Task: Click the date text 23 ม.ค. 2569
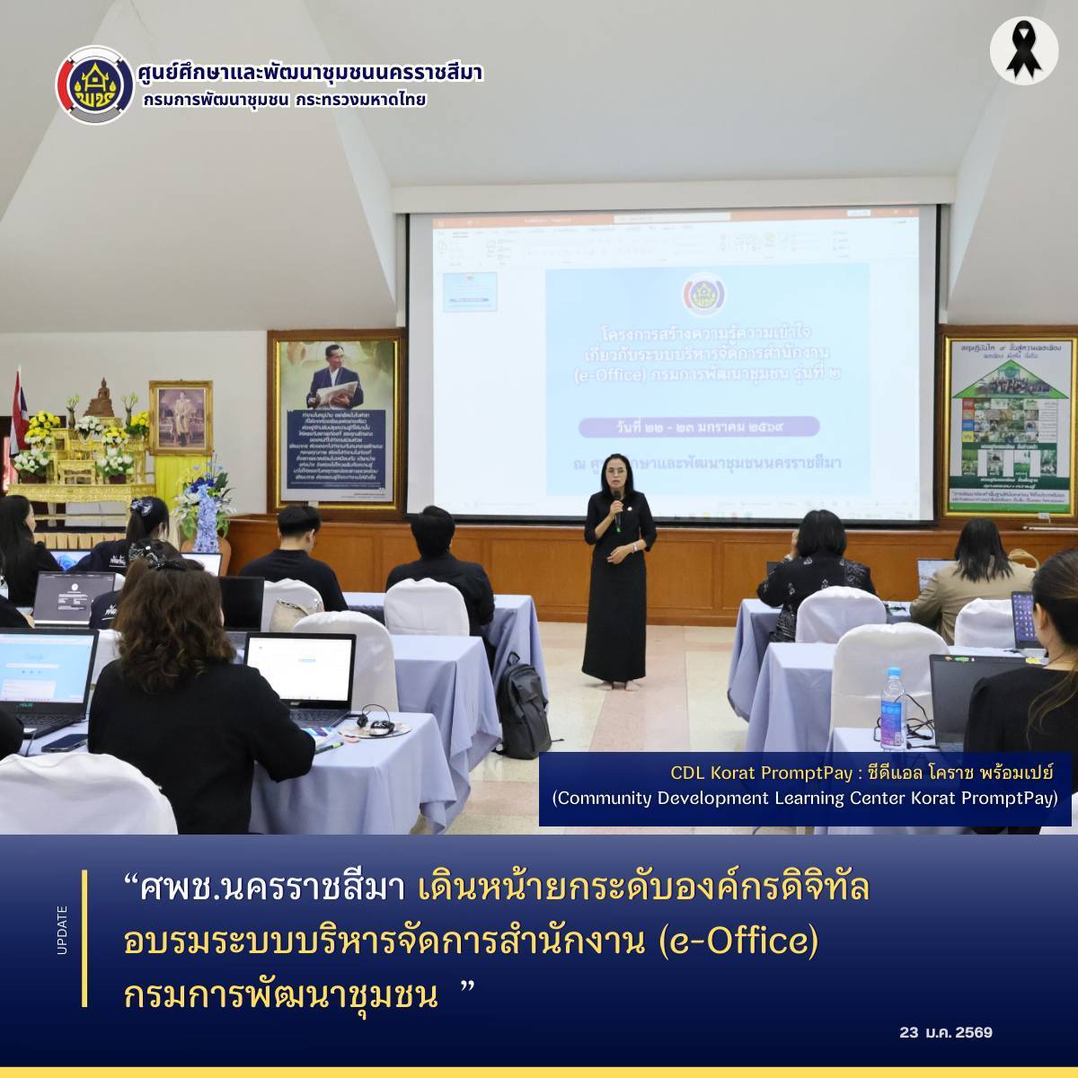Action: point(946,1032)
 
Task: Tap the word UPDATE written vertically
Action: point(62,930)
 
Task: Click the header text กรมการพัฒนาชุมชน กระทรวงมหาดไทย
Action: point(284,100)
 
